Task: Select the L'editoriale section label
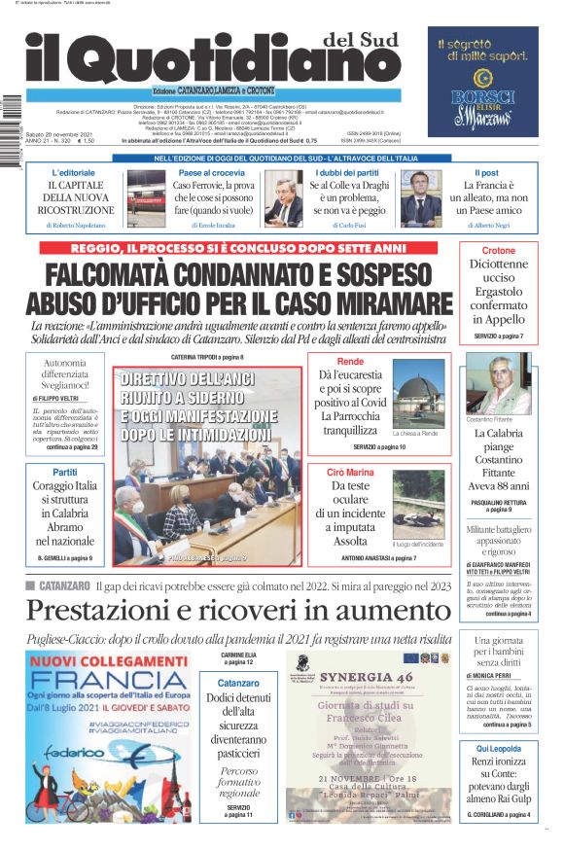[75, 172]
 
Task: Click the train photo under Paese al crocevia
[147, 198]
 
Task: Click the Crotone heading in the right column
[499, 251]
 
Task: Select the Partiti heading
[65, 472]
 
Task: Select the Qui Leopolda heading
[499, 748]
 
